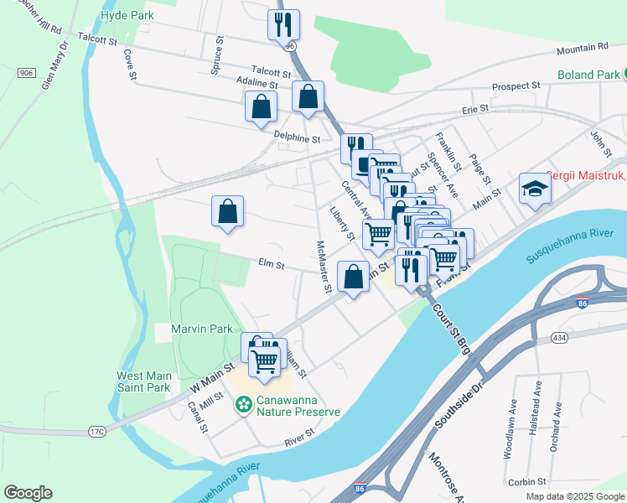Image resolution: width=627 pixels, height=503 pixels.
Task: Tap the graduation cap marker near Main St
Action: point(534,188)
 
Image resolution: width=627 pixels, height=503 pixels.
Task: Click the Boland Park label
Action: point(590,75)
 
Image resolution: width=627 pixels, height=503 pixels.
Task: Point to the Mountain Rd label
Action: point(581,48)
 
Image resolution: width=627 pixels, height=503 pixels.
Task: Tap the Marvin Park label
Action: point(201,329)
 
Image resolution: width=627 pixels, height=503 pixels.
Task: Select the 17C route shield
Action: point(97,432)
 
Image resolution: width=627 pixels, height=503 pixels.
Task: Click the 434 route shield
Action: point(561,336)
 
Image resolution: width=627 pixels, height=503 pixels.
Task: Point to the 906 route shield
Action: point(26,73)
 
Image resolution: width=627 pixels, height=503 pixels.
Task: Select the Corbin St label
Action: point(527,482)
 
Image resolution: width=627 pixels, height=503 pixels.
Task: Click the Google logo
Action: point(28,493)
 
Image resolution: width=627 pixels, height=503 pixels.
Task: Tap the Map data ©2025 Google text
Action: point(573,496)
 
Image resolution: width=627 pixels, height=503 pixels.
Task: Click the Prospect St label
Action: point(516,86)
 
